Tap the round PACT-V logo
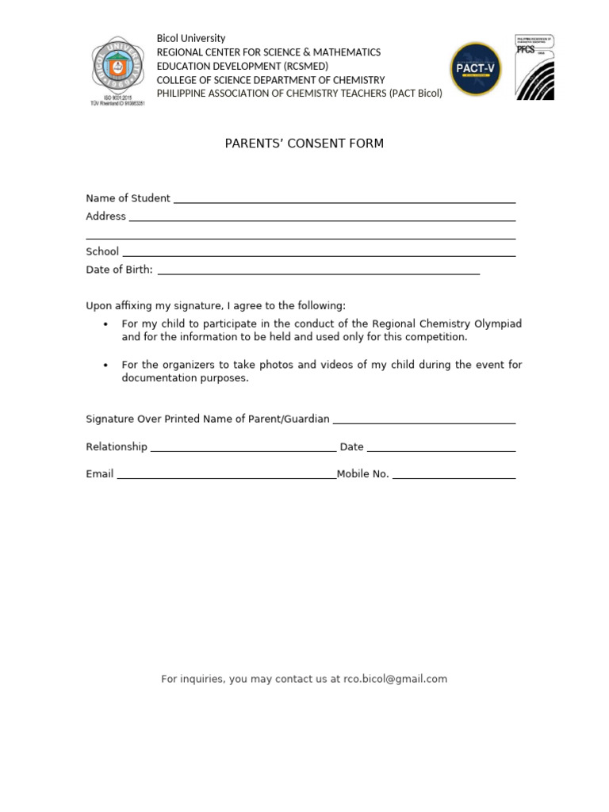click(476, 69)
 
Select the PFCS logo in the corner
click(534, 67)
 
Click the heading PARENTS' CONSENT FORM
click(304, 144)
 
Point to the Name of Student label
click(128, 198)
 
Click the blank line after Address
click(322, 217)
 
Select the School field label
click(102, 251)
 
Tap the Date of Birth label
click(119, 270)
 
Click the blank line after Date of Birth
click(319, 271)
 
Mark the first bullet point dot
click(106, 324)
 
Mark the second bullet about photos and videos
click(321, 371)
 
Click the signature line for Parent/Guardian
click(424, 420)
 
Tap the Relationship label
click(117, 446)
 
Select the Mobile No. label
click(363, 474)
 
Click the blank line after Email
click(226, 476)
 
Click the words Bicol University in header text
click(190, 38)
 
